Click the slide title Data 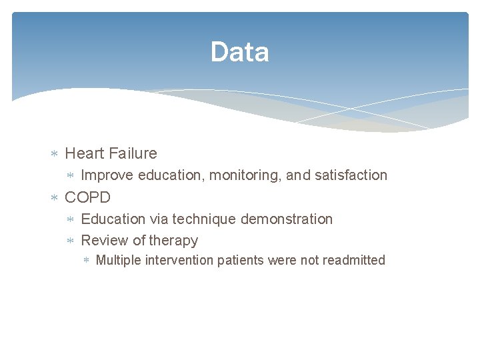(239, 52)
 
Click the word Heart (85, 153)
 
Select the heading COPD (87, 197)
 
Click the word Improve (107, 175)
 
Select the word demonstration (287, 219)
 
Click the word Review (105, 241)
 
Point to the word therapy (173, 241)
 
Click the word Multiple (118, 261)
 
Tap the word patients (241, 261)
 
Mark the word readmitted (353, 261)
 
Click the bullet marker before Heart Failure (55, 154)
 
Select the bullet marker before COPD (55, 198)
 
